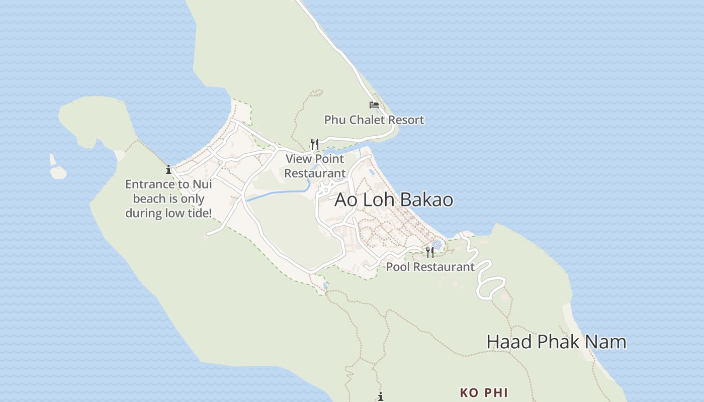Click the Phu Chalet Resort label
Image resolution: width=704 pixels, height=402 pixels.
[374, 120]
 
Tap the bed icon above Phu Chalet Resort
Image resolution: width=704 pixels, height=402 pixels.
[374, 105]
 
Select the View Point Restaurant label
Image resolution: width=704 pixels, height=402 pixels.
[315, 166]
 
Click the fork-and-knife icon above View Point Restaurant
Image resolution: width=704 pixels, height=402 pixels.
[315, 144]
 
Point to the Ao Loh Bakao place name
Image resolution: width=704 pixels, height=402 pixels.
[394, 200]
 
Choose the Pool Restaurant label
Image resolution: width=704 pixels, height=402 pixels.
[430, 267]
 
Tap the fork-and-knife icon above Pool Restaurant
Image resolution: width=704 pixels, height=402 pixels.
[430, 252]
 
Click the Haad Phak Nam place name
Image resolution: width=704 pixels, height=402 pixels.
[556, 342]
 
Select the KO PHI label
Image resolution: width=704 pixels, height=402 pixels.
[484, 393]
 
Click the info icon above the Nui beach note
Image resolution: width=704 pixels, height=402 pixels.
[168, 170]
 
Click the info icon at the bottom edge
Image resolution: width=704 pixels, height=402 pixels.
[381, 397]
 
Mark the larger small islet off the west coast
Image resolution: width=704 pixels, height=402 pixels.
[58, 172]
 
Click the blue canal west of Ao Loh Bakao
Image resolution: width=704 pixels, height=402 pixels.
[277, 193]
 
